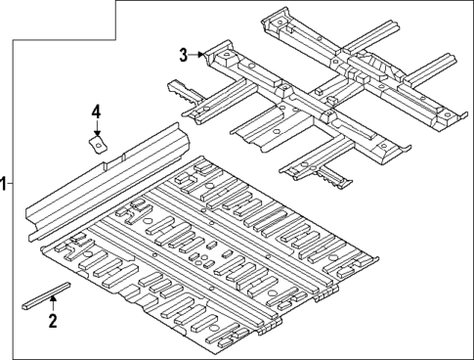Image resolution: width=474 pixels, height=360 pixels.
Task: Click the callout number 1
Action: (5, 183)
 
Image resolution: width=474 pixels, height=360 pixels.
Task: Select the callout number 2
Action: (53, 320)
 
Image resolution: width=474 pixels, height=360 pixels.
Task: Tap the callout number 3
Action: (183, 55)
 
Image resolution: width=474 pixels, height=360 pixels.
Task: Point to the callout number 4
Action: (96, 112)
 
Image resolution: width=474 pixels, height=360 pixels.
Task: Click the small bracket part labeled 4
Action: (97, 145)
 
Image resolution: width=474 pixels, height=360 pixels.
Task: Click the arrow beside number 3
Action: (198, 56)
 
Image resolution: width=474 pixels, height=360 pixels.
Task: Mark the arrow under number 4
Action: (96, 130)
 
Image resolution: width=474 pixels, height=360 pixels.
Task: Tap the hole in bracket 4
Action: (96, 143)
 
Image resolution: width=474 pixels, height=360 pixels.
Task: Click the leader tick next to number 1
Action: (13, 183)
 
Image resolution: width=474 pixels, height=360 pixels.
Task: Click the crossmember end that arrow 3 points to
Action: (210, 57)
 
